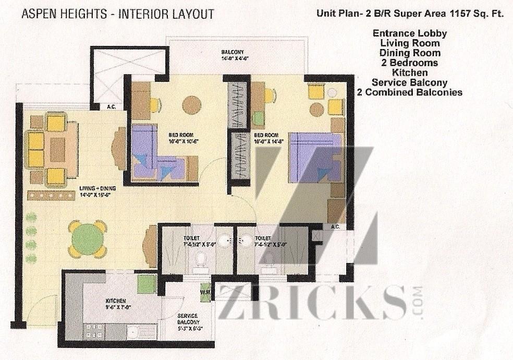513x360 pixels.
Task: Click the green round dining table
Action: tap(87, 239)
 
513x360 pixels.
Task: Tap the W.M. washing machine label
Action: tap(205, 293)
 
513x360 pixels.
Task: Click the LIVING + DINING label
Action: tap(97, 191)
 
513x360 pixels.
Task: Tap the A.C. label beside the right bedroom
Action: tap(336, 226)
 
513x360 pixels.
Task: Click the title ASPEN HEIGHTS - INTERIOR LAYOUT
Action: tap(118, 14)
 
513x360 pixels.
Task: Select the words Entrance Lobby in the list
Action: tap(409, 33)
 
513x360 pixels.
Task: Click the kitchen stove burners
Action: tap(95, 331)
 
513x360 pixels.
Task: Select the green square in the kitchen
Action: tap(146, 283)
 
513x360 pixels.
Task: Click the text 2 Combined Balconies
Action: tap(409, 92)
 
